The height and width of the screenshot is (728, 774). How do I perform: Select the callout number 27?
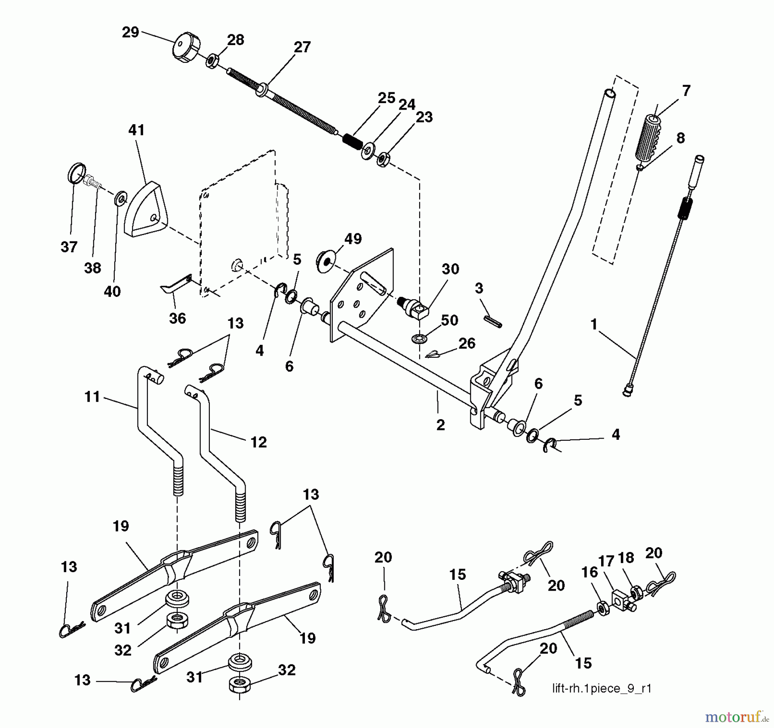tap(302, 47)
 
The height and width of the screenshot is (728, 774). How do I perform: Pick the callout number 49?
tap(353, 239)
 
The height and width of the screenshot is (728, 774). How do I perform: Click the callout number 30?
tap(450, 269)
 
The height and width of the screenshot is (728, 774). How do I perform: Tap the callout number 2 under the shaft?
tap(440, 425)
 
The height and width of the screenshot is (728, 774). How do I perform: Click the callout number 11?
tap(92, 397)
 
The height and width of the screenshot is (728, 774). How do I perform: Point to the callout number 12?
tap(258, 442)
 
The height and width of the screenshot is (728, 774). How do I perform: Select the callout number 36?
tap(177, 318)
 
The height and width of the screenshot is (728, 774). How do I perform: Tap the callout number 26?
tap(467, 343)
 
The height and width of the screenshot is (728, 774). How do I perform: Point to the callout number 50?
tap(449, 320)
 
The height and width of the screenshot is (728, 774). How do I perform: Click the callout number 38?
tap(92, 268)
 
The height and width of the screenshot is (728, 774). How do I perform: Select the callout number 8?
tap(680, 138)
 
